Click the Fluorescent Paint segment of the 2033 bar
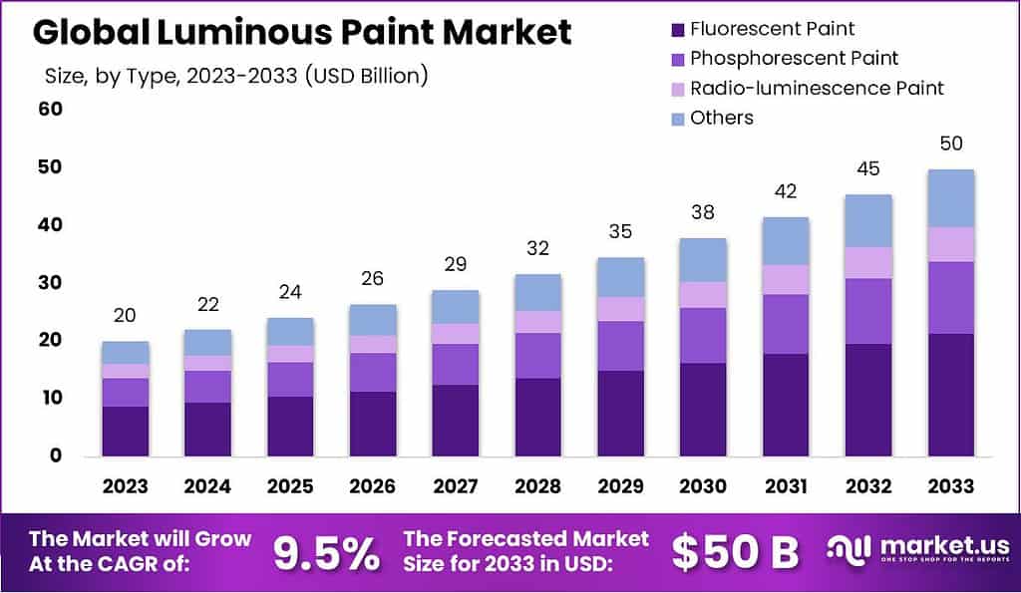point(950,395)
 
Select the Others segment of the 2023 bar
point(126,353)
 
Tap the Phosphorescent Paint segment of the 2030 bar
point(703,336)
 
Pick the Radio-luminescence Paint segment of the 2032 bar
point(868,262)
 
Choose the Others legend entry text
point(722,118)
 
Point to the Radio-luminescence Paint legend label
point(817,88)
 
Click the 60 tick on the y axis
point(51,109)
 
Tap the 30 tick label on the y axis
point(51,282)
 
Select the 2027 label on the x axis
point(455,486)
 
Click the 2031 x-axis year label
point(786,486)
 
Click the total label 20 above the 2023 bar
point(126,316)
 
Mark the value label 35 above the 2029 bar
point(620,232)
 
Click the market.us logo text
point(937,546)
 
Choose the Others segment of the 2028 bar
point(537,292)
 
